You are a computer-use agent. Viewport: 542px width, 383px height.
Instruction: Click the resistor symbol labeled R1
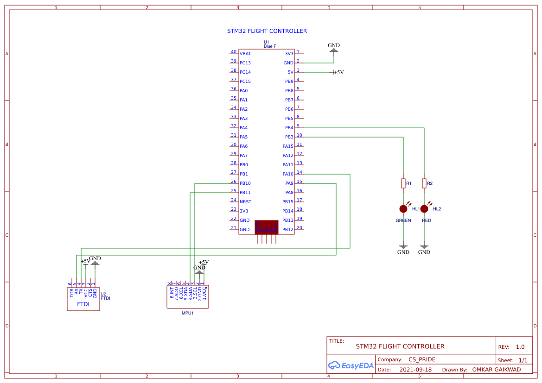(x=403, y=183)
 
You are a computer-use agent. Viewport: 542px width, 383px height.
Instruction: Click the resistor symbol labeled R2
(x=424, y=183)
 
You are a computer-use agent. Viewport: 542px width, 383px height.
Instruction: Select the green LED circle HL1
(x=403, y=209)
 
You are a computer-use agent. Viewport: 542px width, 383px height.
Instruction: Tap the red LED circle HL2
(x=424, y=209)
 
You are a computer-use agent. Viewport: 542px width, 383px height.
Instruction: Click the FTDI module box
(x=83, y=299)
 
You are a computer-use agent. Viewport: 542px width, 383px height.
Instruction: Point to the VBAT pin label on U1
(x=245, y=54)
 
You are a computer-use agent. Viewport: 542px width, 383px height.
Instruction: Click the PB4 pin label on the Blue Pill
(x=289, y=128)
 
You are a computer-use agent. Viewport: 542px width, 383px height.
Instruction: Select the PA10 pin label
(x=288, y=174)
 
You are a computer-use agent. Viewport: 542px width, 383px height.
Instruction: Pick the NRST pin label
(x=245, y=202)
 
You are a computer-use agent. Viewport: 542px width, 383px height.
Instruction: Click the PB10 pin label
(x=245, y=183)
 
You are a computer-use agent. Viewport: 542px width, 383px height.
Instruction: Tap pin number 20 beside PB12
(x=300, y=228)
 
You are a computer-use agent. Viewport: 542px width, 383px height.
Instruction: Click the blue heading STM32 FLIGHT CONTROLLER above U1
(x=267, y=31)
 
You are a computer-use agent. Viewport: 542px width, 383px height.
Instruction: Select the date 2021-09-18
(x=415, y=370)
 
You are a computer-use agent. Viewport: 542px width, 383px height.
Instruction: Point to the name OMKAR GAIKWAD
(x=496, y=370)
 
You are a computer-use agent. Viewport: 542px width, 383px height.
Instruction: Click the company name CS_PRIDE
(x=421, y=359)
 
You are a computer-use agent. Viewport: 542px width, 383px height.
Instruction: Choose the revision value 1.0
(x=520, y=347)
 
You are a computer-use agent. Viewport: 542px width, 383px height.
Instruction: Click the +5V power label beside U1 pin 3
(x=338, y=72)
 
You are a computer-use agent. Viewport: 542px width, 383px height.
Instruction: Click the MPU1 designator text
(x=187, y=313)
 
